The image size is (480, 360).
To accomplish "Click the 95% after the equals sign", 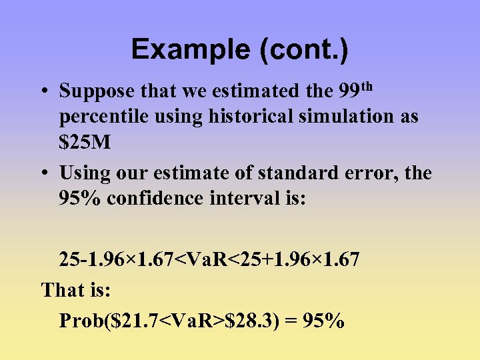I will point(323,321).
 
